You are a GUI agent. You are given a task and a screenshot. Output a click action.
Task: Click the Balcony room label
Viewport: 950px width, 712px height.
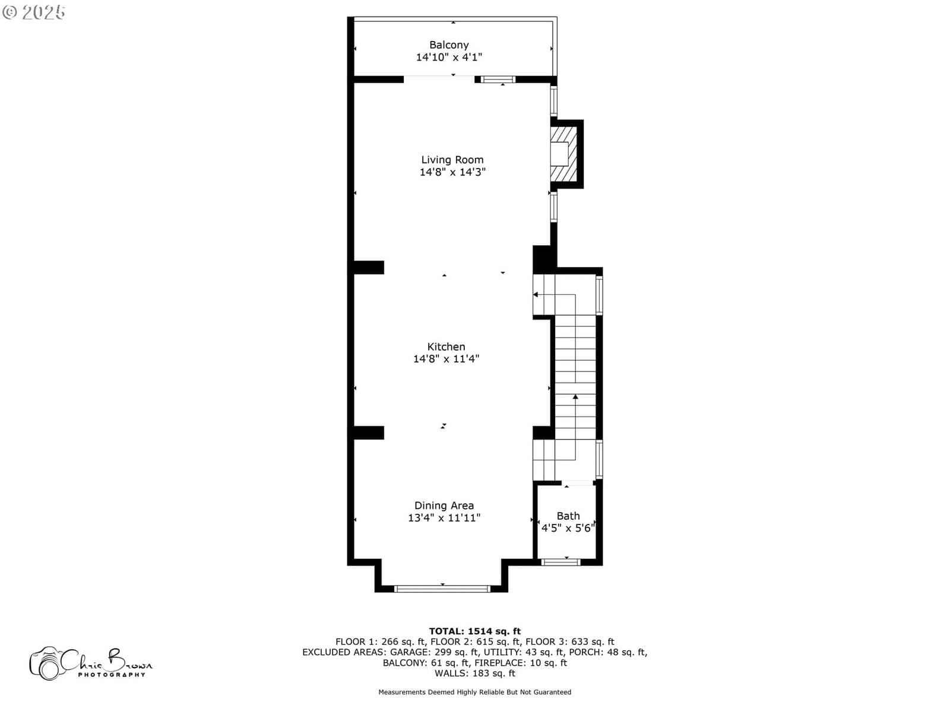pos(449,45)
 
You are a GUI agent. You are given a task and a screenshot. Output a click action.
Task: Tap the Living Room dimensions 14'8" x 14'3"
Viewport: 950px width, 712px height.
pos(452,172)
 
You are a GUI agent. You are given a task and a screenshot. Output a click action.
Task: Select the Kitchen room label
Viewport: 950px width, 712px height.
pos(446,347)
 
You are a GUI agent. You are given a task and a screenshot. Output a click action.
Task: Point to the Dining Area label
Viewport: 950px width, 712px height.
pos(444,506)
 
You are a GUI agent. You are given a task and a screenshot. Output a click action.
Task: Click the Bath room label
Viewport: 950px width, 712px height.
pos(568,516)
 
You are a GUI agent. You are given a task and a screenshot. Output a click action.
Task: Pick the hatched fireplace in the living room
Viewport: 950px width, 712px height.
pos(563,154)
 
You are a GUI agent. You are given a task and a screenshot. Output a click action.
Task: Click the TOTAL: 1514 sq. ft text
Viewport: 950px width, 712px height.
pos(475,631)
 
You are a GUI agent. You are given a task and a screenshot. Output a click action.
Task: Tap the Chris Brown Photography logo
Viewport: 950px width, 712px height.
pos(91,663)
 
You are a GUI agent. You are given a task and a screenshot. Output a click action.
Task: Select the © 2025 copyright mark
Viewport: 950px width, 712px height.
pos(34,12)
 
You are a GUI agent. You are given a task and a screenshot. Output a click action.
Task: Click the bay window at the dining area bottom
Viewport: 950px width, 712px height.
pos(442,589)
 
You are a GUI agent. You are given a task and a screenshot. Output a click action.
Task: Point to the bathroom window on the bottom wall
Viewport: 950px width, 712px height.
pos(560,562)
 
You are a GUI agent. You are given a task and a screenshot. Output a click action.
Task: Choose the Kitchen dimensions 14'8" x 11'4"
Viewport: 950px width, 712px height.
pos(446,359)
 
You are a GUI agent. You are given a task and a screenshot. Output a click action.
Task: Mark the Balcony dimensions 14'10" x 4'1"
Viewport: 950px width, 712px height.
pos(449,57)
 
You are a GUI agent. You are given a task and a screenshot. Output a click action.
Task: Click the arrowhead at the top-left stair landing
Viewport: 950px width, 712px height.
pos(536,294)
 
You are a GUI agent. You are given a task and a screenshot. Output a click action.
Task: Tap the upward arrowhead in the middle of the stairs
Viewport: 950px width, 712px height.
pos(575,396)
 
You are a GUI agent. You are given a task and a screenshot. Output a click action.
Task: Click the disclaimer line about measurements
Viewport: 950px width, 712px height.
pos(475,692)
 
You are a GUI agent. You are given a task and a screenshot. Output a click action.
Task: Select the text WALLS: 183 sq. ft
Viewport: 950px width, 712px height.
pos(475,673)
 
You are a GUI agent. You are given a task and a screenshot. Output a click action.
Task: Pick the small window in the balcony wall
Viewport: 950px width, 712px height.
pos(498,80)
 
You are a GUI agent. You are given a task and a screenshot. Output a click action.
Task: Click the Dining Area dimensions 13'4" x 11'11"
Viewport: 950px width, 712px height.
pos(444,518)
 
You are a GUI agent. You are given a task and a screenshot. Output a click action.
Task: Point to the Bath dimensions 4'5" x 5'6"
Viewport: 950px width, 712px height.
pos(568,528)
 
